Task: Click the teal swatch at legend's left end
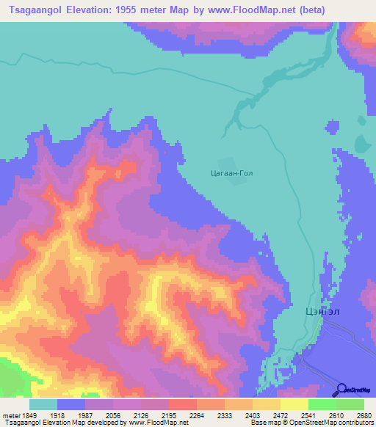pos(43,404)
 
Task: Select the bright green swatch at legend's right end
pos(350,404)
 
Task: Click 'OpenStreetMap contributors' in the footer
pos(323,423)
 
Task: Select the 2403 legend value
pos(239,415)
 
